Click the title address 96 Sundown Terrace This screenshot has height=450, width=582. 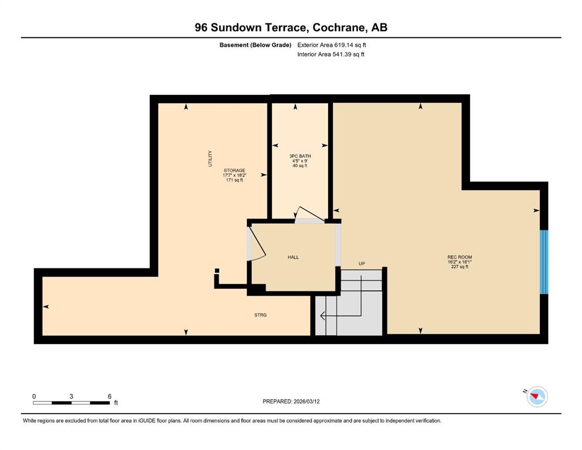pos(251,28)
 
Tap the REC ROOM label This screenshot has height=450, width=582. pos(460,257)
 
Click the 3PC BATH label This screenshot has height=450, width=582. pos(300,156)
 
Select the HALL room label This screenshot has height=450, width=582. pos(293,257)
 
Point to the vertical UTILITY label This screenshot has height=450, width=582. pos(210,158)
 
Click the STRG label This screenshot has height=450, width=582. pos(261,315)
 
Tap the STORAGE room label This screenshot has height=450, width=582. pos(234,171)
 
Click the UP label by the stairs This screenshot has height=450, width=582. pos(362,264)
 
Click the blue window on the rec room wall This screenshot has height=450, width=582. pos(544,262)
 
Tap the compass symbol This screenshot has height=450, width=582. pos(536,397)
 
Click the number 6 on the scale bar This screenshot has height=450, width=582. pos(110,396)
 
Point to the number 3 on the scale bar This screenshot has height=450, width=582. pos(72,396)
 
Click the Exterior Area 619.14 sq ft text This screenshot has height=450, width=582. pos(332,45)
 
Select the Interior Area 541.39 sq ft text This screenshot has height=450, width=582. pos(331,54)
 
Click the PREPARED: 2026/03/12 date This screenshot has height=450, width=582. pos(291,401)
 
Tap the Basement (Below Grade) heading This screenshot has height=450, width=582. pos(256,45)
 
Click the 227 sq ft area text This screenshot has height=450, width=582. pos(460,267)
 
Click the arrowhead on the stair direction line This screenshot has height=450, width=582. pos(323,316)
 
